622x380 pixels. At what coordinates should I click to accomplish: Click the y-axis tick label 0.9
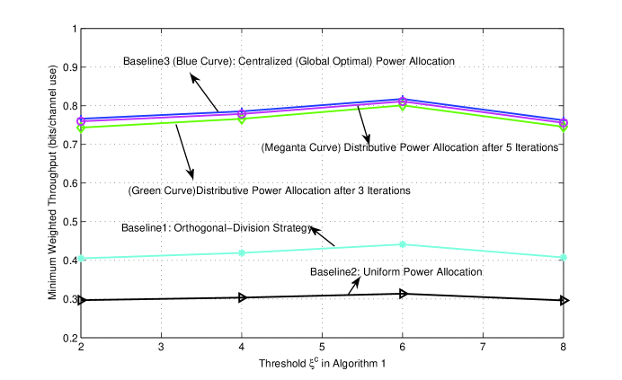click(x=67, y=67)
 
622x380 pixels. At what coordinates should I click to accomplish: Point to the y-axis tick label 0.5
click(x=67, y=222)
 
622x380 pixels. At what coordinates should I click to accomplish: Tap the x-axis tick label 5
click(x=322, y=347)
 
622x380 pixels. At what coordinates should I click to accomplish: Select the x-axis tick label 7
click(x=483, y=347)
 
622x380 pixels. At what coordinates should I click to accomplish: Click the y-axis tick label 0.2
click(x=67, y=338)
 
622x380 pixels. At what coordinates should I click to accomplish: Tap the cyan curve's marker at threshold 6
click(x=402, y=244)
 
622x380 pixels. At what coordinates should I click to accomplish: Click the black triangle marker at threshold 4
click(x=241, y=297)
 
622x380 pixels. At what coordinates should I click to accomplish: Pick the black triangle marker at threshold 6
click(x=402, y=294)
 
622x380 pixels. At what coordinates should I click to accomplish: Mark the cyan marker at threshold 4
click(x=241, y=252)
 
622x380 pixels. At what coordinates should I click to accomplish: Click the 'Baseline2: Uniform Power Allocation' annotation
click(x=397, y=271)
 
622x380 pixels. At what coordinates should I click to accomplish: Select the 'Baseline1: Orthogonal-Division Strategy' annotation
click(x=216, y=228)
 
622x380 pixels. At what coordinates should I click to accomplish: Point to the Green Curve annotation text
click(x=270, y=190)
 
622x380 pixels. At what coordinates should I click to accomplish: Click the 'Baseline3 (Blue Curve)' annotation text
click(x=289, y=61)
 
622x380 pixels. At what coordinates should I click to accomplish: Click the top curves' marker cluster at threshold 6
click(x=402, y=102)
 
